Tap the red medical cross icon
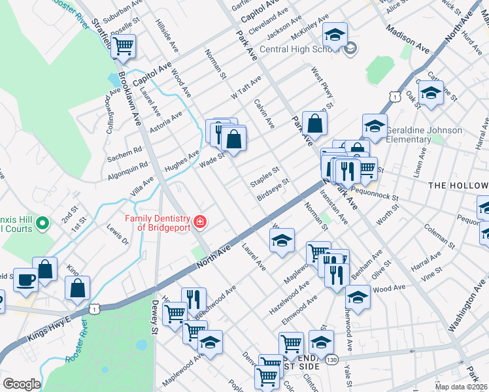click(x=199, y=222)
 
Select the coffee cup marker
click(x=25, y=279)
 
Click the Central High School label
click(x=301, y=49)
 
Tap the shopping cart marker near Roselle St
click(x=123, y=46)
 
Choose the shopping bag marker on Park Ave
click(x=314, y=123)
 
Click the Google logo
click(x=22, y=384)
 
